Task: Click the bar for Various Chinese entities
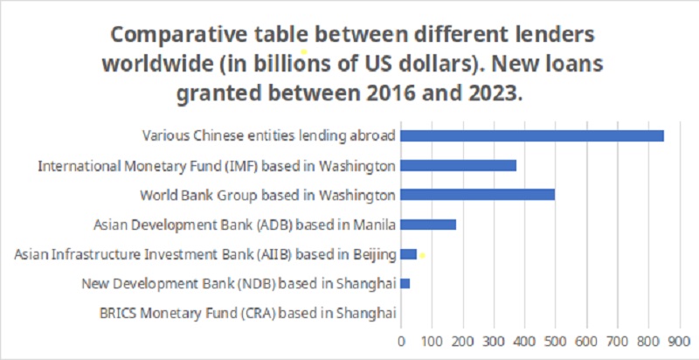[532, 135]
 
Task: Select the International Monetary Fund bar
[458, 165]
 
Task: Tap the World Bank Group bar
[477, 194]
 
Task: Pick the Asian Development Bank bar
[428, 225]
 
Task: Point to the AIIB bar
[408, 254]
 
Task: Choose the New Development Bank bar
[405, 283]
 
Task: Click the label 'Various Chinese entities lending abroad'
[269, 135]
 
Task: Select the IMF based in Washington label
[217, 165]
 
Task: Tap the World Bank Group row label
[268, 194]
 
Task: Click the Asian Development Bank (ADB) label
[245, 225]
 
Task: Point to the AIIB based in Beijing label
[205, 254]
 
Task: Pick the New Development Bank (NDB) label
[239, 283]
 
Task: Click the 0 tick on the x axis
[401, 339]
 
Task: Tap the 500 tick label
[555, 339]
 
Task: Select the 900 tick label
[679, 339]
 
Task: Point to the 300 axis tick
[494, 339]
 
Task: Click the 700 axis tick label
[617, 339]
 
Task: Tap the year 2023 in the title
[492, 93]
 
